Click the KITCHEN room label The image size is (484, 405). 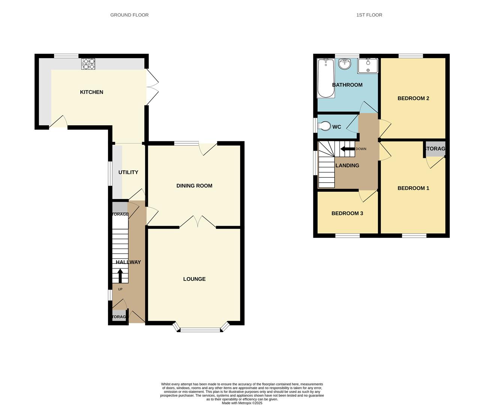92,92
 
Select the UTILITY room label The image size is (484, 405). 128,172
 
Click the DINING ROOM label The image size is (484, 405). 194,186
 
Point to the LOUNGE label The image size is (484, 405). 194,279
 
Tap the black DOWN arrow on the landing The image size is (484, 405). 347,149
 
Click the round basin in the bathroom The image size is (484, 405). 344,64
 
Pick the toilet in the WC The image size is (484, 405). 324,126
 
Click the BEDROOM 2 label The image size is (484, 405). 413,99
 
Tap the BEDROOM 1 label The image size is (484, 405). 413,188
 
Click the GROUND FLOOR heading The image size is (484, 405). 129,15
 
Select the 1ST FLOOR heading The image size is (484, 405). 369,15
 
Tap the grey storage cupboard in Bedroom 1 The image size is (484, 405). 435,149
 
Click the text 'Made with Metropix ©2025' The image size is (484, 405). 242,403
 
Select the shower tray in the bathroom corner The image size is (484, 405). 368,66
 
